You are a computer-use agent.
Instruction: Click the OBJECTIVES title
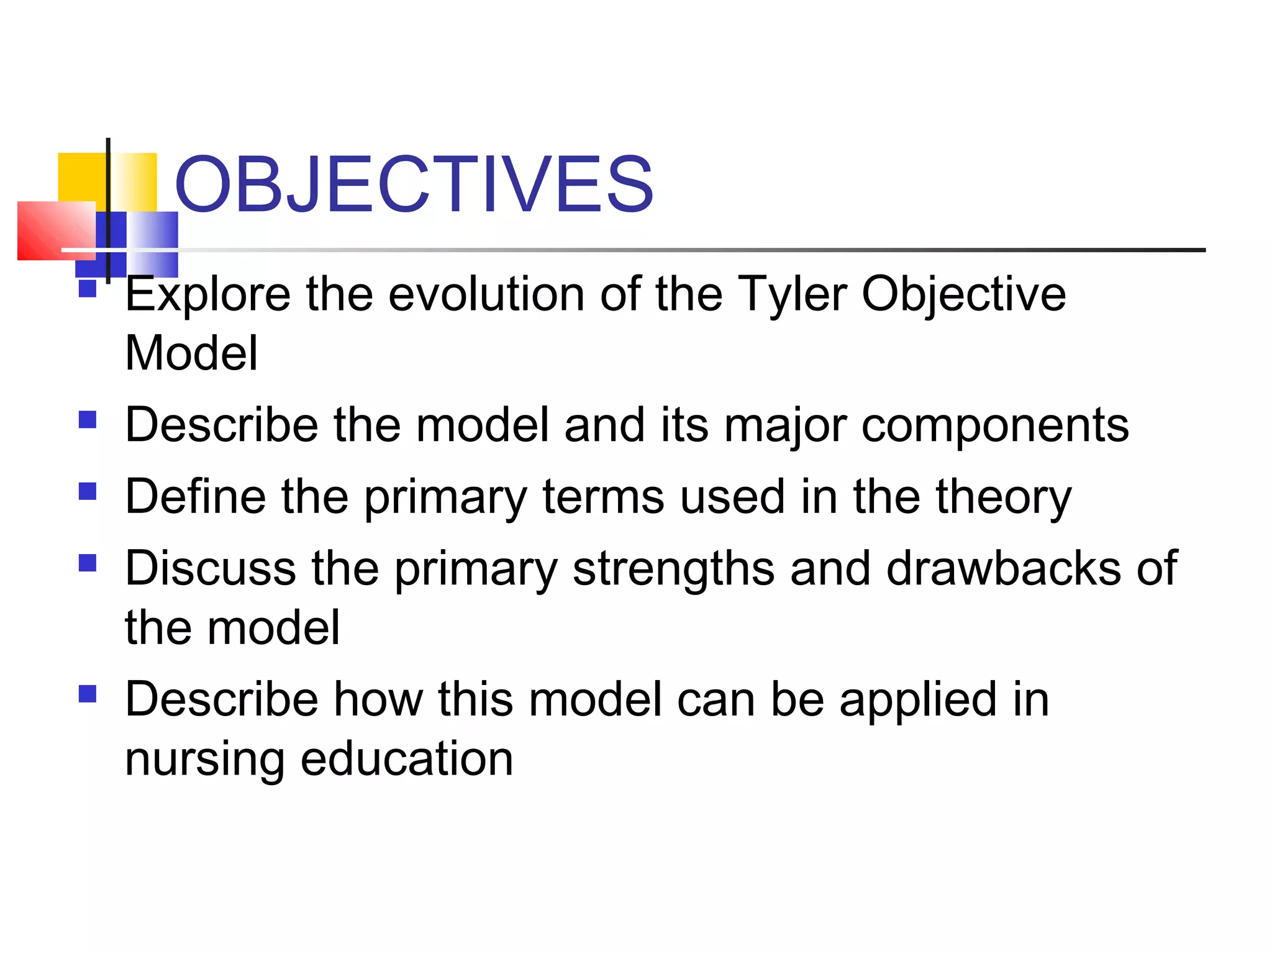[414, 184]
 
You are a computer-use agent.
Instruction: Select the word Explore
[207, 295]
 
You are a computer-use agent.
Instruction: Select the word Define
[195, 496]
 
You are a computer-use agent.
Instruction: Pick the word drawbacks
[1003, 568]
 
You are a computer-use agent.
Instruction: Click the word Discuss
[210, 568]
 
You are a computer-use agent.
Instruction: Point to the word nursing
[204, 760]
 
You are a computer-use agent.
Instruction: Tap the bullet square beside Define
[88, 491]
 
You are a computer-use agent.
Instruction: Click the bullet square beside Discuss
[88, 563]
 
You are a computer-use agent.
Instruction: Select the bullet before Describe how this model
[88, 693]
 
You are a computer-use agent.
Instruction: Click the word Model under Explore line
[191, 353]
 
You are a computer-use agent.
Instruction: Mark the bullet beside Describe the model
[88, 420]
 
